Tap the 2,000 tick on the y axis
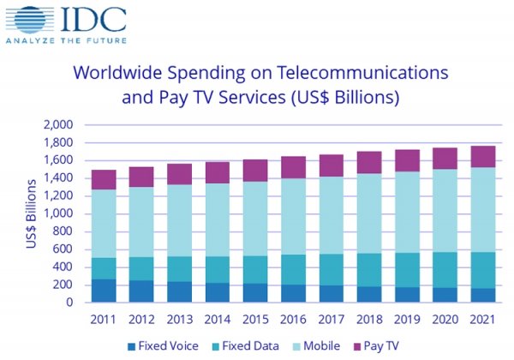[57, 125]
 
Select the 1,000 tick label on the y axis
[57, 213]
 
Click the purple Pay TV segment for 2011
[104, 180]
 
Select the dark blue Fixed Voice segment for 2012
[141, 291]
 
